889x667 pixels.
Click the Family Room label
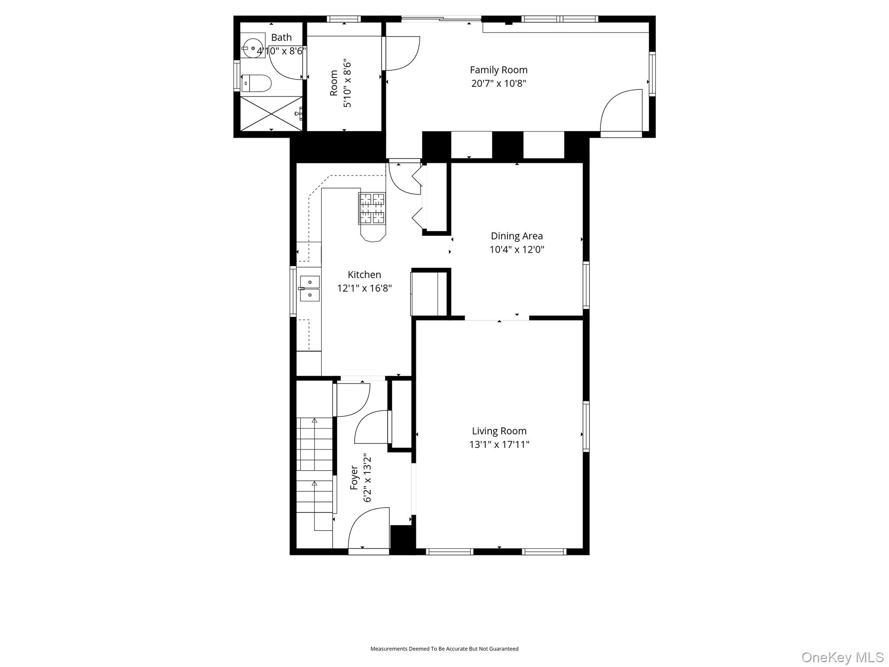tap(498, 70)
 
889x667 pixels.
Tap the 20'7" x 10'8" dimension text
tap(498, 83)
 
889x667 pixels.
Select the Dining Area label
tap(517, 236)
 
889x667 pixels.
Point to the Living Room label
tap(499, 431)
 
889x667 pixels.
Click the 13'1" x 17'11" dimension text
tap(499, 445)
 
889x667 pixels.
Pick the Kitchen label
tap(364, 274)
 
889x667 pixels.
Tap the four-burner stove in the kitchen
tap(372, 208)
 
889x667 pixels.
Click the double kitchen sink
tap(310, 289)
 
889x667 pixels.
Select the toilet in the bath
tap(257, 83)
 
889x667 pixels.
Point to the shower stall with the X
tap(271, 113)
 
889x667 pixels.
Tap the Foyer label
tap(354, 478)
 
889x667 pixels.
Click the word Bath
tap(281, 37)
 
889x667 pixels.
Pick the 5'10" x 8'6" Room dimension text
tap(347, 83)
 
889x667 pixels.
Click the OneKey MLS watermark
tap(842, 657)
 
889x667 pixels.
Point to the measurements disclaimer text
tap(444, 649)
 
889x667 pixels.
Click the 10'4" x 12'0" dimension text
tap(517, 250)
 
